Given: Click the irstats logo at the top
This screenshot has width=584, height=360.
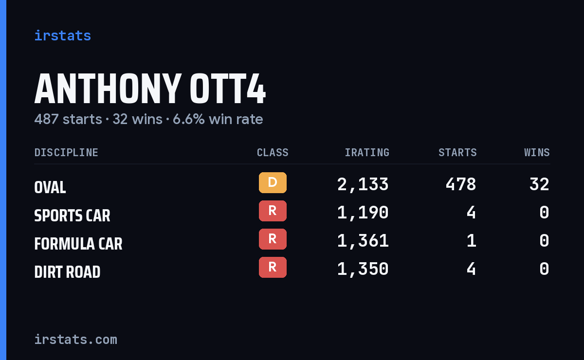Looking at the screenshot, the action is (63, 36).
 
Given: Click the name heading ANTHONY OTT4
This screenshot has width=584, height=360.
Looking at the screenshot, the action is (150, 89).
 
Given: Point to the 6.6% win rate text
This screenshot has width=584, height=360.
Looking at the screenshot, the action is (218, 119).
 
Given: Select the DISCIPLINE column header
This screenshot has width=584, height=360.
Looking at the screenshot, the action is (66, 152).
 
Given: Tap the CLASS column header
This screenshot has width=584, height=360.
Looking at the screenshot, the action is (273, 152).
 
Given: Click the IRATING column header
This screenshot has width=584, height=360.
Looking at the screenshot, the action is (367, 152).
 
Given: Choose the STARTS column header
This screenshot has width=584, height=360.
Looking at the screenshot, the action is (457, 152).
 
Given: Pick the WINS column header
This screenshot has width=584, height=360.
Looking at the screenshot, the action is (537, 152).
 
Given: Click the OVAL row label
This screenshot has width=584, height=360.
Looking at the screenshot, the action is (50, 187).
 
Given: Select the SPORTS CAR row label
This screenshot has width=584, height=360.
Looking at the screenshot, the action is (72, 216).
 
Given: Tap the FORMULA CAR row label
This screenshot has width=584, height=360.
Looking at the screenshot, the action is (78, 244).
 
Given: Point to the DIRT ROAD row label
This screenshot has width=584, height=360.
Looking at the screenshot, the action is (67, 272).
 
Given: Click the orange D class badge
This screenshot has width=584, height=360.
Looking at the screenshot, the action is (273, 182).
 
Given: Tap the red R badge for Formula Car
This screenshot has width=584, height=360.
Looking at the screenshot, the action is (273, 239).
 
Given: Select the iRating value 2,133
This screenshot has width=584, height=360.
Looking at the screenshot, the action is (363, 184).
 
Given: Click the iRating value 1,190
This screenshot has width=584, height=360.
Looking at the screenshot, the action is (363, 213).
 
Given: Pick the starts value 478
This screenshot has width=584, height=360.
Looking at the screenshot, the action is (461, 184).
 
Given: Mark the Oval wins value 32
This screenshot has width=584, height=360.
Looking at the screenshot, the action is (539, 184).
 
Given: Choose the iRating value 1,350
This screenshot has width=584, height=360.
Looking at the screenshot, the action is (363, 270).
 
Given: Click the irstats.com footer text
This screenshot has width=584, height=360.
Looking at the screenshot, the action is (76, 340).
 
